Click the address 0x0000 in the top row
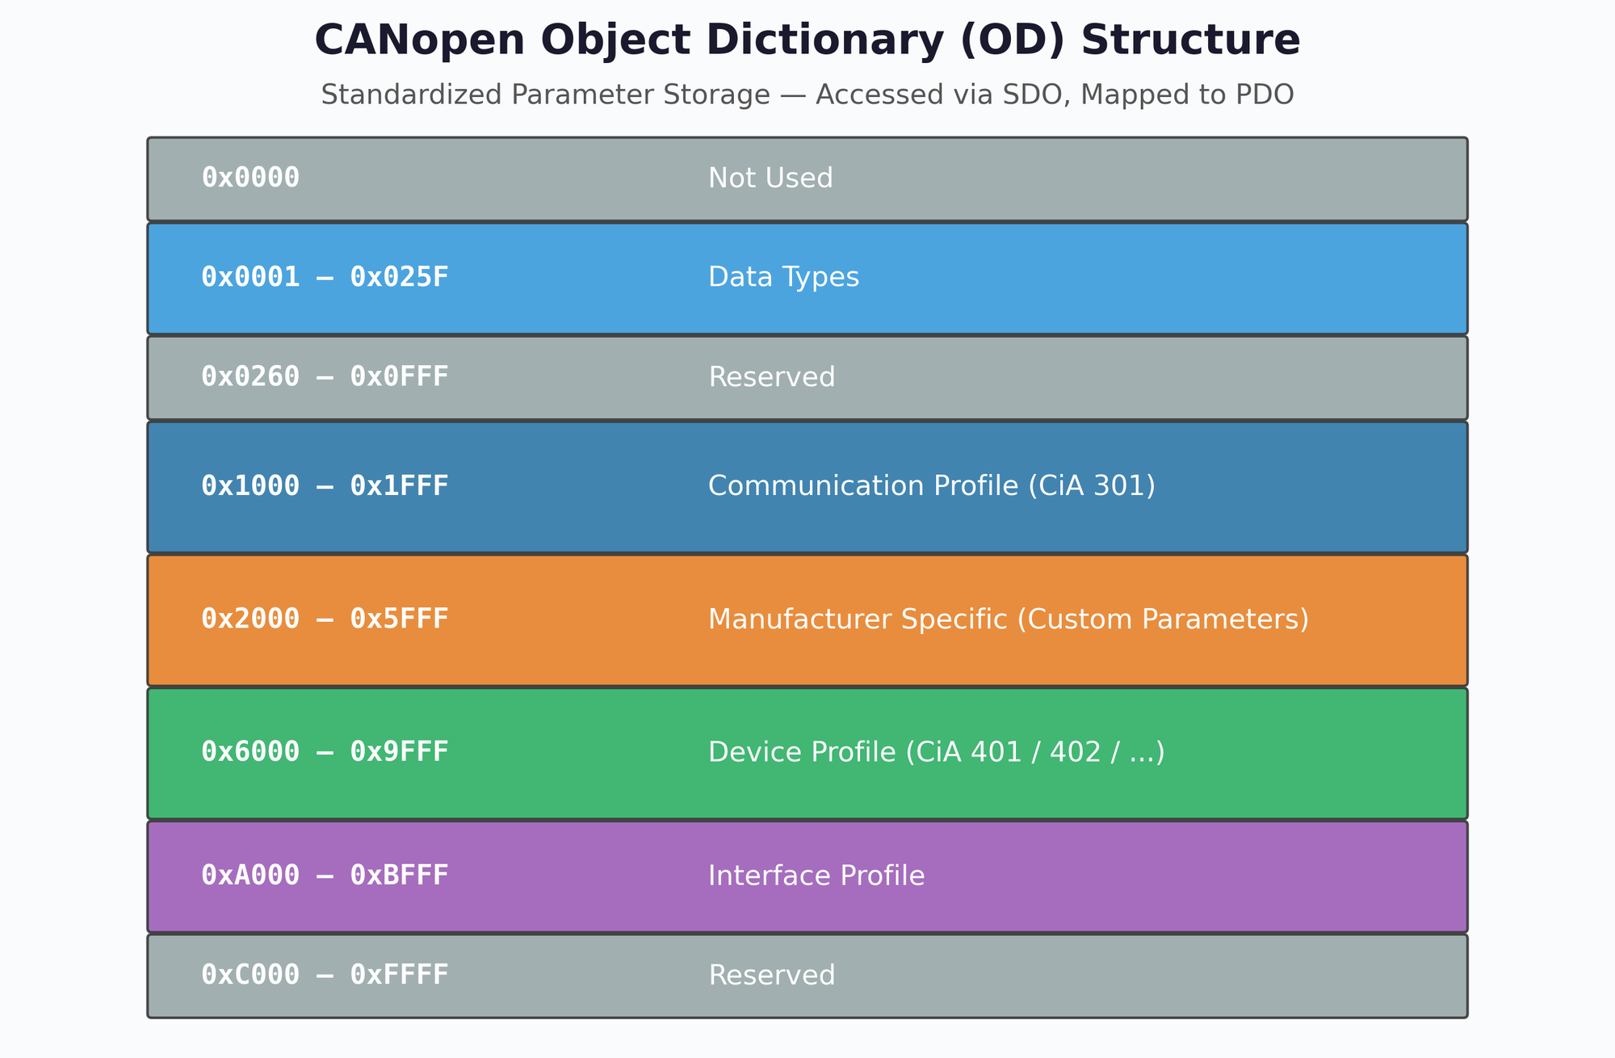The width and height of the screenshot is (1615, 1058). (250, 178)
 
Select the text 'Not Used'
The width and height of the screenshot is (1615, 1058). (770, 178)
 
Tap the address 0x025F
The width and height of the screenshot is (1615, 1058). (399, 278)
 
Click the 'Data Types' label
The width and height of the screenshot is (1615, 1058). (783, 278)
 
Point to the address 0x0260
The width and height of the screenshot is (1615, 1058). (250, 377)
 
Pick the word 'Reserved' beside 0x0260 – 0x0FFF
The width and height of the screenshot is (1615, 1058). (771, 377)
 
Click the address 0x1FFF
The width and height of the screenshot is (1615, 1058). (399, 486)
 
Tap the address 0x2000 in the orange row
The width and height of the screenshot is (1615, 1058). (250, 619)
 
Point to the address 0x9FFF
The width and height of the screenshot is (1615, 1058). (399, 753)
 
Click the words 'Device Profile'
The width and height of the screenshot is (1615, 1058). (801, 753)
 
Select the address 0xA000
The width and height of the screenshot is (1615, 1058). (250, 875)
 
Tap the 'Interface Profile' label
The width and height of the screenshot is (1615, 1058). (816, 875)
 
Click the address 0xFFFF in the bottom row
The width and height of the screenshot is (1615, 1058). (399, 976)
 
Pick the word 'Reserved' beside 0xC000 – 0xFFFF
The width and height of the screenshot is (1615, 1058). (771, 976)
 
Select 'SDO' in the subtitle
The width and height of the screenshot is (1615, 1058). (1042, 95)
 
